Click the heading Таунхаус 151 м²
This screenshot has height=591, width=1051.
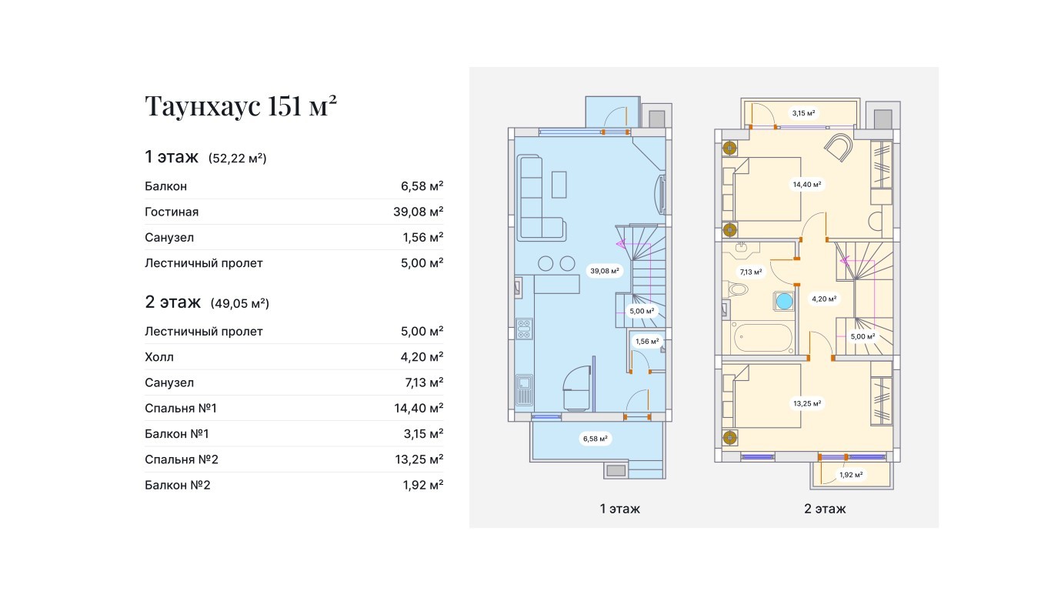241,105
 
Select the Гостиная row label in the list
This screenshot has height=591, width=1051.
172,212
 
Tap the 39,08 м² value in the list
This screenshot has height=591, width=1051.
418,212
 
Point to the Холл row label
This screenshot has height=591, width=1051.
159,357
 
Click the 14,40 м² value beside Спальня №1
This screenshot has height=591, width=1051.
419,408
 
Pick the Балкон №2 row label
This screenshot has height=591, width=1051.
178,485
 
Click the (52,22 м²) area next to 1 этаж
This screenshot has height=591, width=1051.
238,159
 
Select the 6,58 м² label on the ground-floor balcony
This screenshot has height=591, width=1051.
596,439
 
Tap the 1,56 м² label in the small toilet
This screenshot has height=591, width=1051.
647,341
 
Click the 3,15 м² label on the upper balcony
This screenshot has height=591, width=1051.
804,113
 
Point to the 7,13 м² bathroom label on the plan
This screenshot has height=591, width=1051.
751,272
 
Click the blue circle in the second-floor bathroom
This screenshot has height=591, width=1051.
784,302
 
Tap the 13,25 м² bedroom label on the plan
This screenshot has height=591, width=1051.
807,403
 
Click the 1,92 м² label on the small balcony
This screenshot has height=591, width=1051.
851,475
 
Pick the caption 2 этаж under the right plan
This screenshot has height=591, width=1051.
825,509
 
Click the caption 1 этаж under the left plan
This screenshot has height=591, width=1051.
620,509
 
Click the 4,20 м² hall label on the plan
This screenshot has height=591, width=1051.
824,299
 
